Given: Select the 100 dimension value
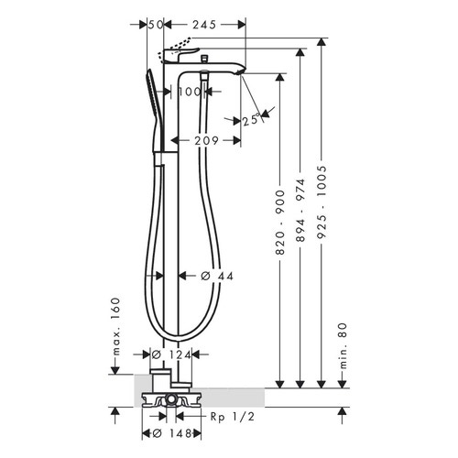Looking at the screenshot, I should pos(190,92).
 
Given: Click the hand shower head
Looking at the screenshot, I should pos(150,101).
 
